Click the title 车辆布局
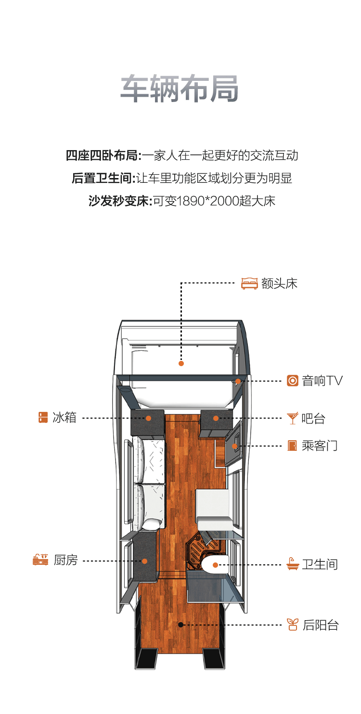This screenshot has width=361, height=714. click(180, 89)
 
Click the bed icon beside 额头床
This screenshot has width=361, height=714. click(249, 283)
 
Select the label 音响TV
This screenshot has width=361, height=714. click(322, 381)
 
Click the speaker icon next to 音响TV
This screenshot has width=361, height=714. click(293, 381)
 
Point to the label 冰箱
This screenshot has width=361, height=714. click(64, 417)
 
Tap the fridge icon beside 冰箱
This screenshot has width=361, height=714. click(43, 417)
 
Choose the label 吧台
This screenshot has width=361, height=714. click(313, 418)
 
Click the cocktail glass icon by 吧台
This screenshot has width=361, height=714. click(292, 418)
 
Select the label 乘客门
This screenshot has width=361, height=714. click(320, 446)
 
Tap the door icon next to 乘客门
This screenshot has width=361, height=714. click(292, 446)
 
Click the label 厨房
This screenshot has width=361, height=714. click(65, 560)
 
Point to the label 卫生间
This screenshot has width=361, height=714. click(320, 564)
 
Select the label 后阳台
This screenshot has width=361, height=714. click(321, 625)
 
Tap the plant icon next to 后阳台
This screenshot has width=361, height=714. click(292, 625)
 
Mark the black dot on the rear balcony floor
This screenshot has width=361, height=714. click(180, 625)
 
